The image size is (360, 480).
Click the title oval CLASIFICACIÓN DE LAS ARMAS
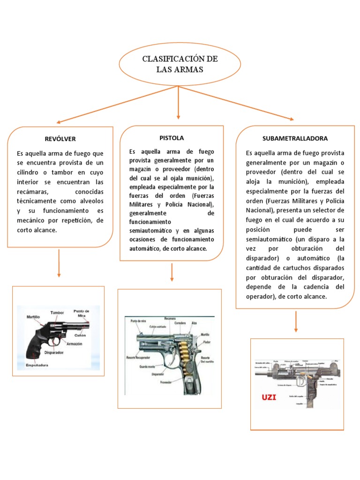180,64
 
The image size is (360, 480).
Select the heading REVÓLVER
60,139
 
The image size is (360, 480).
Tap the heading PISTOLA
172,138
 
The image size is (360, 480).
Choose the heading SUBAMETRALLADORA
295,138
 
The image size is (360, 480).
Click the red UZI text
269,398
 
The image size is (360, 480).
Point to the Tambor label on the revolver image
57,312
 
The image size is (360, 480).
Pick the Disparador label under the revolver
54,352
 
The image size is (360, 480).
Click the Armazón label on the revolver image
75,344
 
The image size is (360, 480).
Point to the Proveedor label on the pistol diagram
166,382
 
